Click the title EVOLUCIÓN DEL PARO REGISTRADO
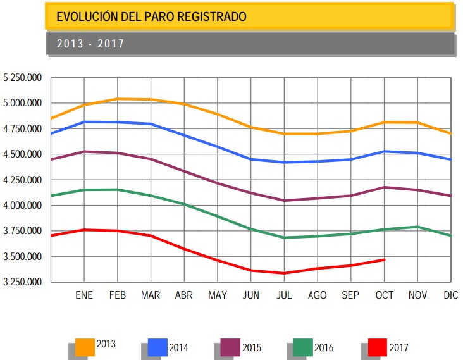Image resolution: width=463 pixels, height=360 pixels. tap(151, 16)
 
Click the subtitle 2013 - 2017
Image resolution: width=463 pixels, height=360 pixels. tap(90, 44)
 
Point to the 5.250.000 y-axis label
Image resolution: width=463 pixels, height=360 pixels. tap(23, 78)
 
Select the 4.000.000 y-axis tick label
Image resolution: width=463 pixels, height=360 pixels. tap(23, 206)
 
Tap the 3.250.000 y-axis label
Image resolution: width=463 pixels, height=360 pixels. tap(23, 282)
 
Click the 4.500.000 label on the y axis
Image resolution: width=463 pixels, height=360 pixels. tap(23, 154)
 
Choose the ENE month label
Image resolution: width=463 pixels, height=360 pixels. tap(84, 295)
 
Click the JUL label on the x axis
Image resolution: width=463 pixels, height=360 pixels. tap(284, 295)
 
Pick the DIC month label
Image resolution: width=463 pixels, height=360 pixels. tap(451, 295)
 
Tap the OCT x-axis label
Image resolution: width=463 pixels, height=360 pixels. tap(384, 295)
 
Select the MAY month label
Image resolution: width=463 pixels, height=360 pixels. tap(217, 295)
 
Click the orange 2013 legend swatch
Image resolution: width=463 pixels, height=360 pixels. tap(85, 347)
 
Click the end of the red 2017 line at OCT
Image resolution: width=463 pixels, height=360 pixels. tap(384, 259)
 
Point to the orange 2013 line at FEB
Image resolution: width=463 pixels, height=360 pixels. tap(118, 99)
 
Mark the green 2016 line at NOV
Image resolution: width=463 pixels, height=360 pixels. tap(417, 227)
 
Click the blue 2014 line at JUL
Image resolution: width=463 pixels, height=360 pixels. tap(284, 163)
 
